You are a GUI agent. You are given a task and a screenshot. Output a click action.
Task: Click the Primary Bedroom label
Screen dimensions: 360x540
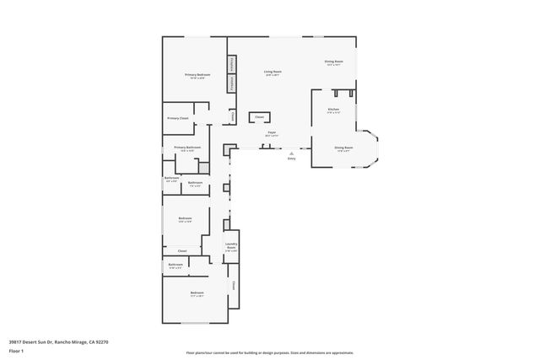click(x=197, y=76)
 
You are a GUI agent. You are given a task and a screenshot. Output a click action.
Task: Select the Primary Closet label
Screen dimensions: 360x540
click(x=177, y=118)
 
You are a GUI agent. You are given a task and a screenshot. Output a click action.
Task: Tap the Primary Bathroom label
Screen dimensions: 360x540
click(x=187, y=148)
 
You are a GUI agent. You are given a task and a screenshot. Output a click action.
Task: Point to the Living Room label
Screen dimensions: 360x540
click(x=272, y=73)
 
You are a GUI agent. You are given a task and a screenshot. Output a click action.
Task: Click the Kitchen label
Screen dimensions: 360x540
click(x=332, y=110)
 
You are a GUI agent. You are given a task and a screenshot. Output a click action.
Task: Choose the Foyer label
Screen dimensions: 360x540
click(x=272, y=133)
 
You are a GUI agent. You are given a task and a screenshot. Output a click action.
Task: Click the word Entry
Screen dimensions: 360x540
click(x=291, y=158)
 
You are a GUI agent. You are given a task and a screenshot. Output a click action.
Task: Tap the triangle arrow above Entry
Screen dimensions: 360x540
click(x=291, y=152)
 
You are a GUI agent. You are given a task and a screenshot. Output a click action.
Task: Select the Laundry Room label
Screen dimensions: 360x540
click(x=231, y=247)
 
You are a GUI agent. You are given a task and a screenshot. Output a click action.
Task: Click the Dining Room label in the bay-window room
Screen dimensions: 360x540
click(x=343, y=148)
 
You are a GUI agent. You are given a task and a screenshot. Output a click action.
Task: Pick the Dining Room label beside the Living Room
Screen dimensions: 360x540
click(x=334, y=62)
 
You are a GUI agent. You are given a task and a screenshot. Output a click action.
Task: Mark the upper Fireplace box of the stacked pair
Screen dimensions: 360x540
click(x=230, y=64)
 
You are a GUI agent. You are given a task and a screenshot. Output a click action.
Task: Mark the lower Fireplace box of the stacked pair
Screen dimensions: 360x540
click(x=230, y=83)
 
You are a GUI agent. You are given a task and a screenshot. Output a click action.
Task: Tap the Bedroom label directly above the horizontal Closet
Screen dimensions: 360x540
click(x=185, y=219)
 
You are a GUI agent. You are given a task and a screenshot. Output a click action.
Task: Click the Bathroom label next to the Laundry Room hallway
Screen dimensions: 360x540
click(x=175, y=266)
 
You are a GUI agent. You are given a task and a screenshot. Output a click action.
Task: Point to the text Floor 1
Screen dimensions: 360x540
click(x=16, y=350)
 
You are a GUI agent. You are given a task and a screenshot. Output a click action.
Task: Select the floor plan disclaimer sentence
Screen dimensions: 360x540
click(x=269, y=352)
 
